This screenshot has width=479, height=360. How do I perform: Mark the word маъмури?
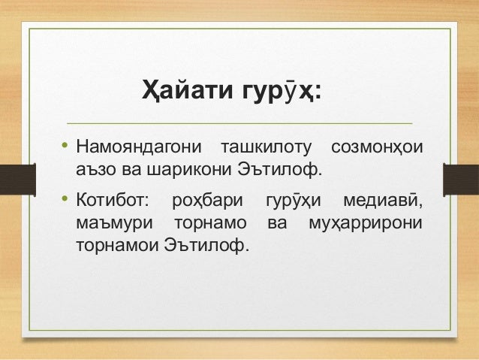[114, 223]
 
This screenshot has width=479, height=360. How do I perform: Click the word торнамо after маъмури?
[210, 223]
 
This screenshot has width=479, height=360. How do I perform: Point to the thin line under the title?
[239, 122]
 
